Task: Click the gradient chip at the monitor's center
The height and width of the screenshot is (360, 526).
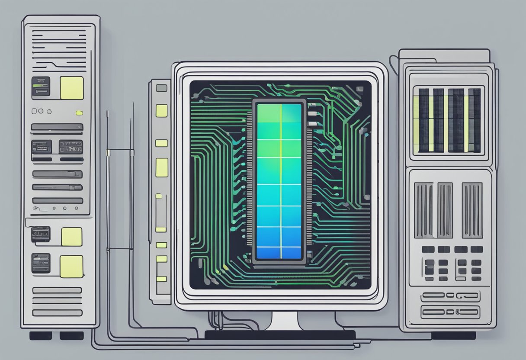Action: coord(279,181)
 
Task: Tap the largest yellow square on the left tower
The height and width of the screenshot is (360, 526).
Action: coord(71,88)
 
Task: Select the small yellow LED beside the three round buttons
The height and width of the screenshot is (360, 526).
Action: coord(79,113)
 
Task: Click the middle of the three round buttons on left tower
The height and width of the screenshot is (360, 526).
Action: coord(41,111)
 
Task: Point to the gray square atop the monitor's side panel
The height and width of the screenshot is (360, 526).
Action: coord(161,88)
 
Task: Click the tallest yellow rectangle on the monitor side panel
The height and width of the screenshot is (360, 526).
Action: coord(161,167)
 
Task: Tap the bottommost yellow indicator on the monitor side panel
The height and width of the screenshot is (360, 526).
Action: coord(161,279)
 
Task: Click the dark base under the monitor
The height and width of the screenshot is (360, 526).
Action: coord(279,334)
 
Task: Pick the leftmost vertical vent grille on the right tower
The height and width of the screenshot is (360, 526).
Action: coord(423,210)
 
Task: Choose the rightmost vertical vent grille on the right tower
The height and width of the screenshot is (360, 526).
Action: coord(471,210)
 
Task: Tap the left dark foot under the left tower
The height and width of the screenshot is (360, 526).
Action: coord(40,335)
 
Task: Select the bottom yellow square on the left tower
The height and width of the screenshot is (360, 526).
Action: coord(71,266)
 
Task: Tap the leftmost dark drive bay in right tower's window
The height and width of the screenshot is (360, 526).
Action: coord(423,120)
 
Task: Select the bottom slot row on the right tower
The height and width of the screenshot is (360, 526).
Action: coord(450,311)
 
